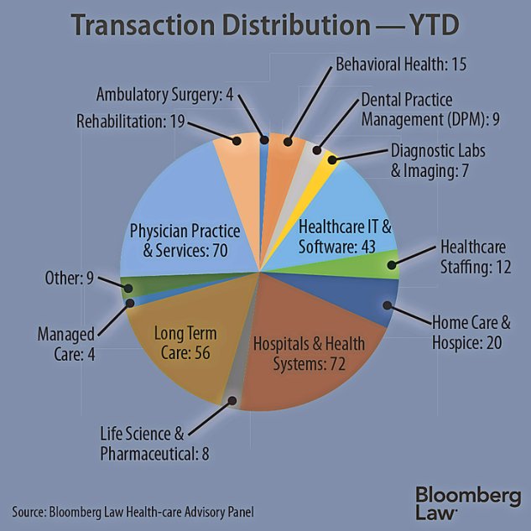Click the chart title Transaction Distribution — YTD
click(265, 25)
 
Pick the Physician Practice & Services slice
click(176, 218)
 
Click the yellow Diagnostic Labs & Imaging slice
click(333, 159)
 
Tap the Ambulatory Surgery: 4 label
click(164, 94)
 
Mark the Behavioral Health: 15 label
click(401, 64)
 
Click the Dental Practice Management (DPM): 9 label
click(430, 109)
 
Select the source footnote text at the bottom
click(133, 511)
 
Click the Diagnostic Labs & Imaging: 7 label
click(439, 159)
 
